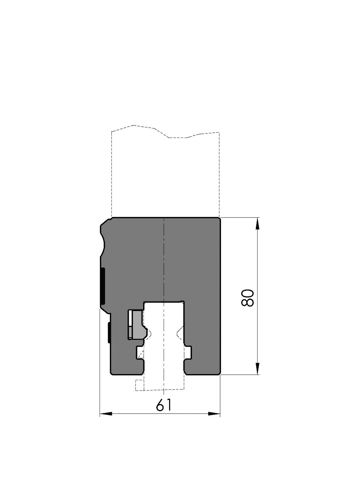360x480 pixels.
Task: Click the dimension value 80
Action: pos(248,298)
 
